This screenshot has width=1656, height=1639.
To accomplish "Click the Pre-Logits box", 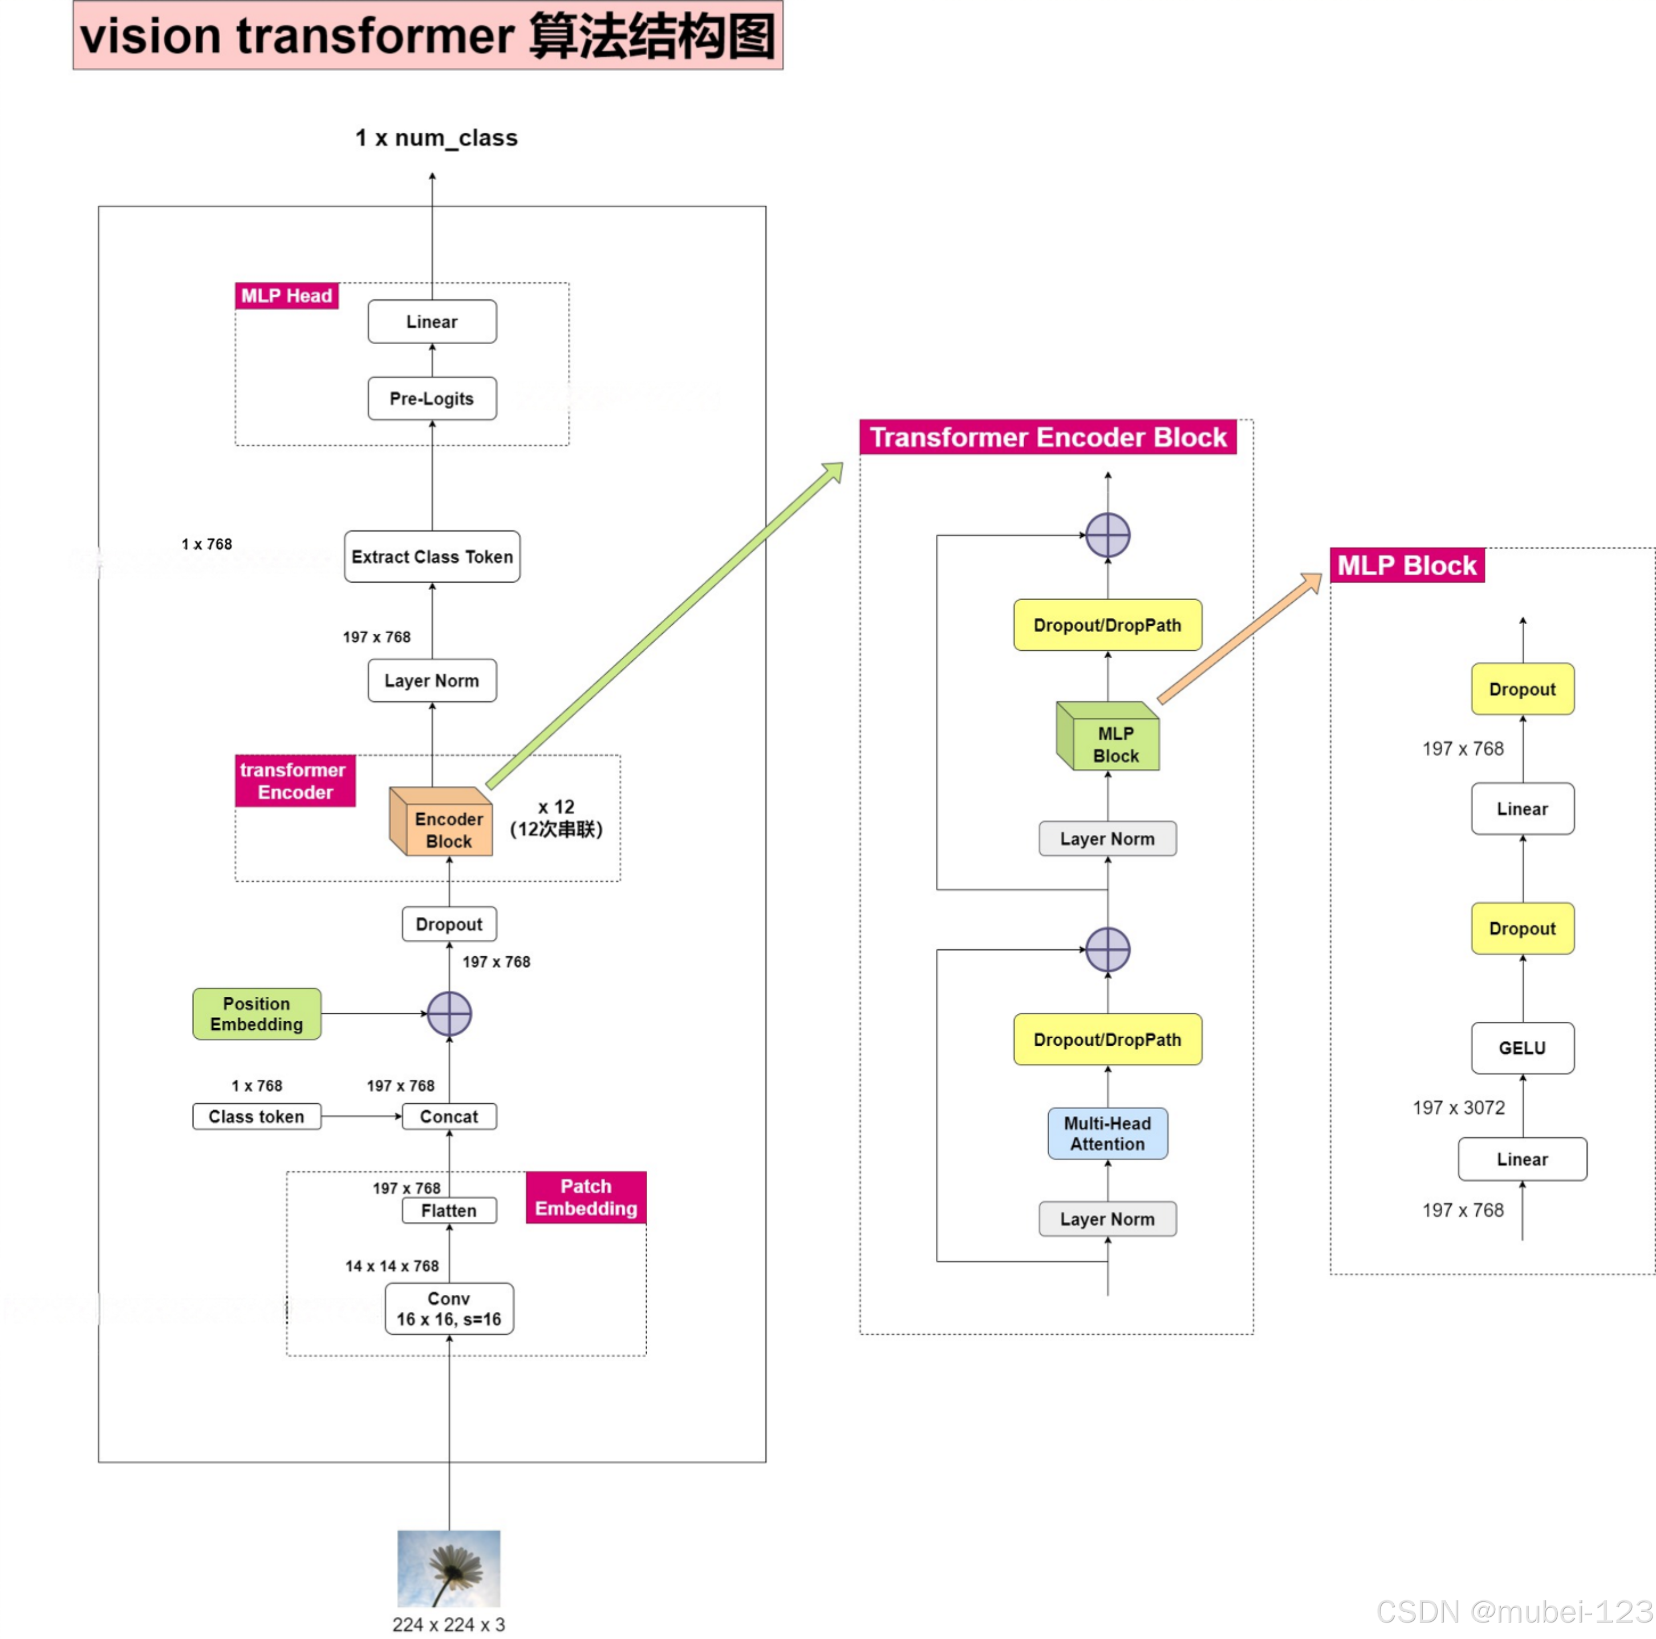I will [x=432, y=398].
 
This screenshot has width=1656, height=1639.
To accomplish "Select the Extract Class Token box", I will [x=432, y=557].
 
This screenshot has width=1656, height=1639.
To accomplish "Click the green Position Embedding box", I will [x=256, y=1014].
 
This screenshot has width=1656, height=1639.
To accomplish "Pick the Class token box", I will [x=256, y=1116].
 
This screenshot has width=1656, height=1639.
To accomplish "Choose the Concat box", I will [x=449, y=1116].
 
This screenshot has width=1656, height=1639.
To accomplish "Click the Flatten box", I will [x=449, y=1210].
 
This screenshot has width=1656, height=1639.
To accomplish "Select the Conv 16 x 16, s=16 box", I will [x=449, y=1308].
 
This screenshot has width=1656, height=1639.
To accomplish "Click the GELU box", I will [x=1523, y=1048].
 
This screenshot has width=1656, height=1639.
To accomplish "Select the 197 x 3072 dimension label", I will [x=1459, y=1107].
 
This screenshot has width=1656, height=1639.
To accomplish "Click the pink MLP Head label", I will [x=286, y=296].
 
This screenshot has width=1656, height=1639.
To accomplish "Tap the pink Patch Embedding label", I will [x=586, y=1197].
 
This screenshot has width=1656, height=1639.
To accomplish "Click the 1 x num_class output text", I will [x=436, y=138].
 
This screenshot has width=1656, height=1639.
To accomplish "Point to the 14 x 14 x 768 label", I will [x=392, y=1266].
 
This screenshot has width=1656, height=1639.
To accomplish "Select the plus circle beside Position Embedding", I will [x=449, y=1014].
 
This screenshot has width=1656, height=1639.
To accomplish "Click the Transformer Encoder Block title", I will [x=1048, y=437].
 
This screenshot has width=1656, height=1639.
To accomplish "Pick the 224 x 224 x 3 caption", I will [x=449, y=1624].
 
